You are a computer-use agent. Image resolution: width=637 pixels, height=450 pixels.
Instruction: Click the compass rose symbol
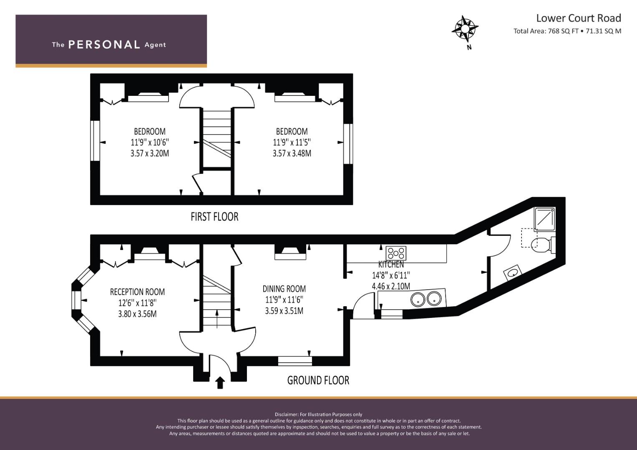click(x=464, y=29)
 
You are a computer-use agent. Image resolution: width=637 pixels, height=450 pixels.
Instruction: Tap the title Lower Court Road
click(x=578, y=18)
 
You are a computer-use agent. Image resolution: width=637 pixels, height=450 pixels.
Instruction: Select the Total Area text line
click(x=567, y=31)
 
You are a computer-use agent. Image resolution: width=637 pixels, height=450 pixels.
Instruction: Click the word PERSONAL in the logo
click(x=104, y=45)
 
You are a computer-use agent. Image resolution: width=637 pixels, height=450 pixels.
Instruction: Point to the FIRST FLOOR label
click(x=214, y=217)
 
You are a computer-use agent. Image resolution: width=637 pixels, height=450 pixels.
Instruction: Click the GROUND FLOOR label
click(x=318, y=380)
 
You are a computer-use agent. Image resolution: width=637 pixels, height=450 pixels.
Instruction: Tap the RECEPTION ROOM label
click(x=137, y=292)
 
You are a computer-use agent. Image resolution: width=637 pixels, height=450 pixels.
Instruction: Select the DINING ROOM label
click(x=284, y=288)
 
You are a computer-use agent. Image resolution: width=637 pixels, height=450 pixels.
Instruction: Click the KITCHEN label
click(x=391, y=264)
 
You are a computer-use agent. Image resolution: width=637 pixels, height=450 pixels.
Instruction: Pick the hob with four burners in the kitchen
click(x=396, y=252)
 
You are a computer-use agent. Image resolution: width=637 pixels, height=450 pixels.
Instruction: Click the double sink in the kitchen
click(x=426, y=298)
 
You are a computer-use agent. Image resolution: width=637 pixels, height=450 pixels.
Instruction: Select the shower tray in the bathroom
click(x=545, y=219)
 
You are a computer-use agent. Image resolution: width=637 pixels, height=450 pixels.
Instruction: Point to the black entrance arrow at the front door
click(x=220, y=382)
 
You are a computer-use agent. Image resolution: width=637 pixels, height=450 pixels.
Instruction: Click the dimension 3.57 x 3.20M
click(x=150, y=153)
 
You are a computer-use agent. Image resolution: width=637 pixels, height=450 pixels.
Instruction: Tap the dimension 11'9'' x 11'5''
click(x=292, y=142)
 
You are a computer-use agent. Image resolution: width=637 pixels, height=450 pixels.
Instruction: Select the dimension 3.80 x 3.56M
click(x=137, y=313)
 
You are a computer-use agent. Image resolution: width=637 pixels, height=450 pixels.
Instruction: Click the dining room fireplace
click(x=291, y=252)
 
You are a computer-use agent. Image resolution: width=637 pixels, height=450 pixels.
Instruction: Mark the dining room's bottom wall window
click(x=295, y=361)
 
